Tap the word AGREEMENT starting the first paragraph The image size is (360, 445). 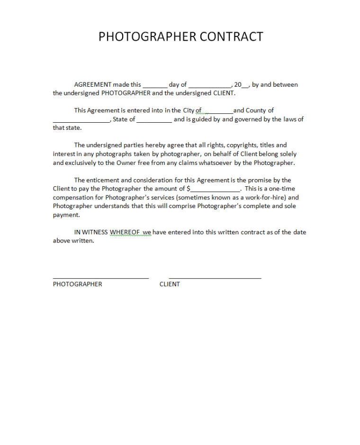click(93, 85)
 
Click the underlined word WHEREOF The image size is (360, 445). click(125, 232)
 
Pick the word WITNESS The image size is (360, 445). click(95, 232)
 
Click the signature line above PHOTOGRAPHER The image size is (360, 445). click(100, 277)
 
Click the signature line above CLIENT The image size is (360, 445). click(215, 277)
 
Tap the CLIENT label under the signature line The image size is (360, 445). click(170, 284)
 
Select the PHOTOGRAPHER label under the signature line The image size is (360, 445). click(77, 284)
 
